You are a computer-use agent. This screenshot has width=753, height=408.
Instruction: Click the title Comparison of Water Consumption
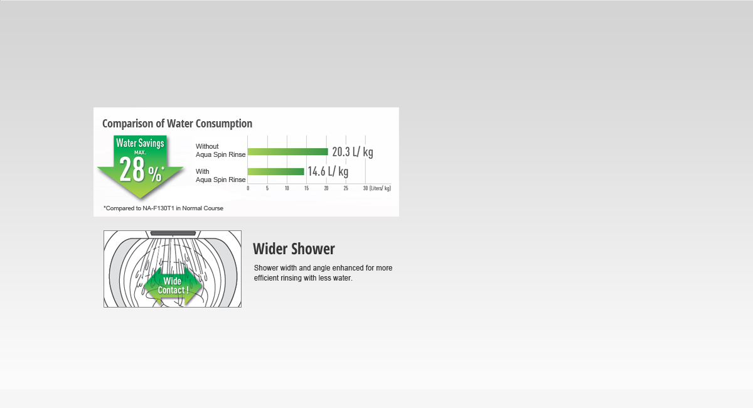(177, 124)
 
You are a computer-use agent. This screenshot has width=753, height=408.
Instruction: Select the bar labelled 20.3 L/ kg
(287, 151)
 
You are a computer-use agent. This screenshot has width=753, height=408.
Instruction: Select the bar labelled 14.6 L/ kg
(275, 171)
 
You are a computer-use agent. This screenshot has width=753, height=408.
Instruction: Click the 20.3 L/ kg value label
(353, 152)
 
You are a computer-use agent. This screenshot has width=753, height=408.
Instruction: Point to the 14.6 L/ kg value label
(328, 171)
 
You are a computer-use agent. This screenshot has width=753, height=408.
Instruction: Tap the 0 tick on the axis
(248, 188)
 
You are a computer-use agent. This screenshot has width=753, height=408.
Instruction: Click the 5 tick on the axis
(267, 188)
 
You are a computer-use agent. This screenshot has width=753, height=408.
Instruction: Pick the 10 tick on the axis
(287, 188)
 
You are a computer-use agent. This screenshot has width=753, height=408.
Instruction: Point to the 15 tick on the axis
(306, 188)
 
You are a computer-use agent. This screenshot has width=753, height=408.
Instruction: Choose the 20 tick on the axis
(326, 188)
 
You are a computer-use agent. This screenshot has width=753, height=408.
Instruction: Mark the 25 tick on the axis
(346, 188)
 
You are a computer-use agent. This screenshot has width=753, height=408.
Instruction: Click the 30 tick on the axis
(365, 188)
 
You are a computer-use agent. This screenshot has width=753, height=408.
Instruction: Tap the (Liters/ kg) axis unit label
(380, 188)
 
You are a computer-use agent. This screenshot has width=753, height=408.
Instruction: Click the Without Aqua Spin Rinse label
(220, 151)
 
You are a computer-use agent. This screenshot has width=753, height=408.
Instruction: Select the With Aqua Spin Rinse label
(220, 176)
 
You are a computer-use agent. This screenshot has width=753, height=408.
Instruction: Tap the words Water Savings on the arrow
(140, 143)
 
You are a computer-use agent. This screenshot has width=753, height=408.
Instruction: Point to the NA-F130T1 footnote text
(163, 208)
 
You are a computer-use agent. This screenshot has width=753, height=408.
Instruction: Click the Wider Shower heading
(294, 249)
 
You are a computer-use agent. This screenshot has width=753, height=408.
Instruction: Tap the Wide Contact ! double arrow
(173, 286)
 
